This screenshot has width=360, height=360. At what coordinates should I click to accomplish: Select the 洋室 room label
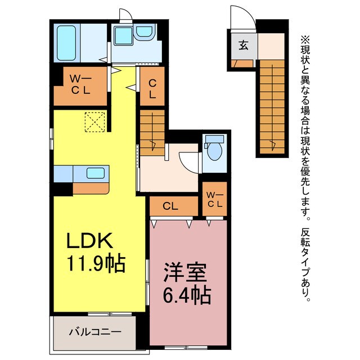181,273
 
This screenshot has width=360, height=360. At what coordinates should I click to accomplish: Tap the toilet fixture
213,149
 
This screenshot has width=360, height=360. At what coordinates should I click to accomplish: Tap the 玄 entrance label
242,44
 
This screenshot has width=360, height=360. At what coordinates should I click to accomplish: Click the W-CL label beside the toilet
214,200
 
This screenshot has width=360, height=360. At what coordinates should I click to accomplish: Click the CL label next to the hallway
152,89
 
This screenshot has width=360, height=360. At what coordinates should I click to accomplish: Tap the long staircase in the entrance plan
273,107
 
